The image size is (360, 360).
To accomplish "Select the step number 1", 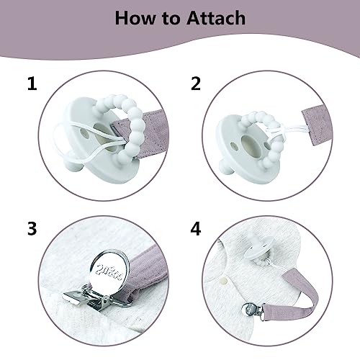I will (31, 85).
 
